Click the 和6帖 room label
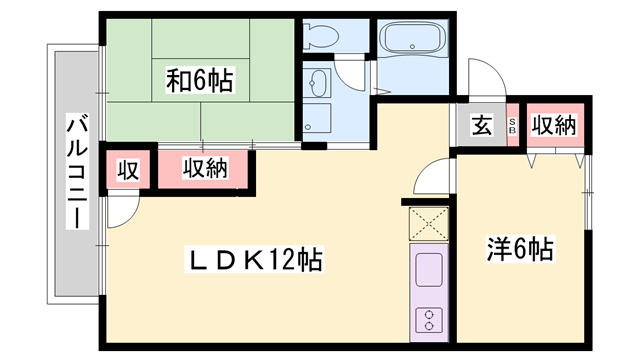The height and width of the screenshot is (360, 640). pyautogui.click(x=199, y=80)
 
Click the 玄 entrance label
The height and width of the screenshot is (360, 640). pyautogui.click(x=481, y=126)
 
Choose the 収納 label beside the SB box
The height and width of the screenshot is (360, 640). pyautogui.click(x=553, y=126)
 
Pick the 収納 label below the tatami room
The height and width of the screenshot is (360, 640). pyautogui.click(x=204, y=169)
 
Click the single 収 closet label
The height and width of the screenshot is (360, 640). pyautogui.click(x=129, y=170)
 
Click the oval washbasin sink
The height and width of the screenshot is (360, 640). pyautogui.click(x=319, y=84)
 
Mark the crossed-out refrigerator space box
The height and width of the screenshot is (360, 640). pyautogui.click(x=428, y=224)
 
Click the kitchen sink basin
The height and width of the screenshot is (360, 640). pyautogui.click(x=428, y=270)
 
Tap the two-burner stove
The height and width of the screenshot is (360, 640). pyautogui.click(x=428, y=320)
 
